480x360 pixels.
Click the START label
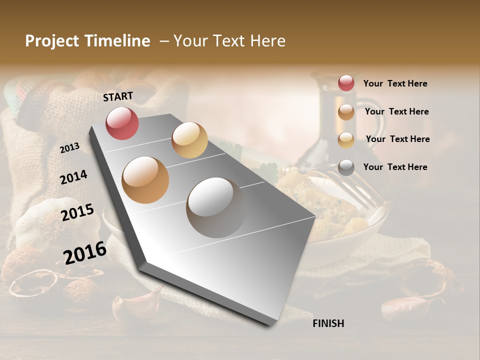(118, 96)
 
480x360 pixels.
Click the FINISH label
(328, 323)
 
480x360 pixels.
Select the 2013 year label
(70, 147)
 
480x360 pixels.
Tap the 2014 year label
(73, 177)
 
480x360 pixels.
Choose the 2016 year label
(85, 252)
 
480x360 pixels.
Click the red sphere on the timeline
(122, 123)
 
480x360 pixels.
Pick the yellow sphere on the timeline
(189, 139)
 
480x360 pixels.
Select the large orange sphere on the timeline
(145, 179)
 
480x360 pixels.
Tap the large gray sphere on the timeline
(216, 207)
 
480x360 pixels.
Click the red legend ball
(346, 83)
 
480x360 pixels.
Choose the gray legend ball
(346, 167)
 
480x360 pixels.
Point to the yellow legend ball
(346, 140)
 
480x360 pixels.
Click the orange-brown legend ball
(346, 112)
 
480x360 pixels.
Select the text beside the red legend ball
(395, 83)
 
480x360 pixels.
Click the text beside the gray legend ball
(395, 167)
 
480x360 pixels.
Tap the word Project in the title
(52, 41)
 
